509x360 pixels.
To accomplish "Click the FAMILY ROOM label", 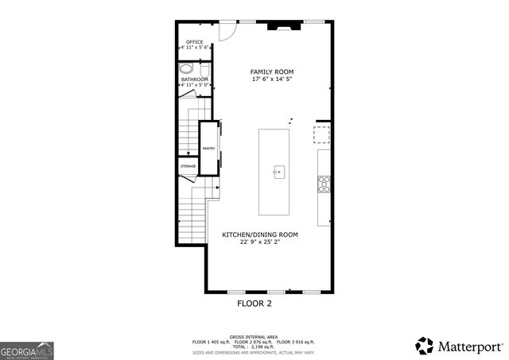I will coord(272,72).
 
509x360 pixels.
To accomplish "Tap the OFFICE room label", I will coord(194,42).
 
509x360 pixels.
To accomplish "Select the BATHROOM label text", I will coord(194,79).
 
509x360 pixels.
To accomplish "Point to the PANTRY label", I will coord(209,149).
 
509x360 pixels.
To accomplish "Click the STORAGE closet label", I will coord(187,166).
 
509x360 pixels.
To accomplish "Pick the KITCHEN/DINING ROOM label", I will coord(259,234).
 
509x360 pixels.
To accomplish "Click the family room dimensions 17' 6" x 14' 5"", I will coord(272,79).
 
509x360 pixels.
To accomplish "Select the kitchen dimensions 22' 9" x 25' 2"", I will coord(259,242).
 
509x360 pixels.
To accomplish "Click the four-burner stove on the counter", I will coord(324,184).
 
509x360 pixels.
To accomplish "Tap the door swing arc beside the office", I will coord(225,31).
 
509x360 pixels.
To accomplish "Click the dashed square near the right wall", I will coord(321,133).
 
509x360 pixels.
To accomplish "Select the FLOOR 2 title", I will coord(254,304).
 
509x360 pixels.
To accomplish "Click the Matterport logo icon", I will coord(425,346).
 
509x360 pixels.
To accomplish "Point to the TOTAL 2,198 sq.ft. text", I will coord(254,346).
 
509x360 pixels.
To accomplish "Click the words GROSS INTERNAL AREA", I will coord(254,336).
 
